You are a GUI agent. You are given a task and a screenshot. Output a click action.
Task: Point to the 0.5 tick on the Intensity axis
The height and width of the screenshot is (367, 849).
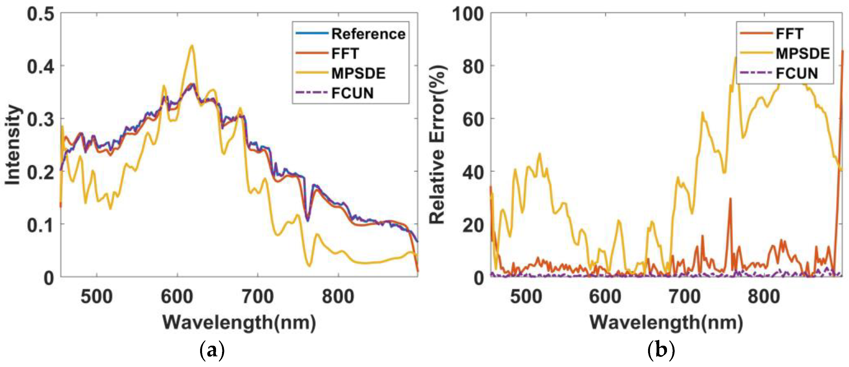(40, 15)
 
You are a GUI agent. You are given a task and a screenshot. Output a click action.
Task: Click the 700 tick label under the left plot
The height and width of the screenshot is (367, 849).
(257, 297)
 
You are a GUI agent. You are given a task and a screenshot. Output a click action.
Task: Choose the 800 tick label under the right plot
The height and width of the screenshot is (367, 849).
(764, 297)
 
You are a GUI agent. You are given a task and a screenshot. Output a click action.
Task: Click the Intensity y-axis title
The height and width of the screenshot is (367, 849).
(13, 145)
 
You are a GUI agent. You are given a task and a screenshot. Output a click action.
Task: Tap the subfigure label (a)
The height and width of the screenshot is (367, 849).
(212, 351)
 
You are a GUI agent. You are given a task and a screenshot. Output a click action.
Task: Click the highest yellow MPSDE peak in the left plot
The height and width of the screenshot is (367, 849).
(192, 46)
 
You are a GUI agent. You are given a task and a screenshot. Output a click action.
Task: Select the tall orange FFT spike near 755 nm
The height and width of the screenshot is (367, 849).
(730, 199)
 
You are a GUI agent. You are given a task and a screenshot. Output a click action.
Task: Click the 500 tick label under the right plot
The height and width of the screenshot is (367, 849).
(526, 297)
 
